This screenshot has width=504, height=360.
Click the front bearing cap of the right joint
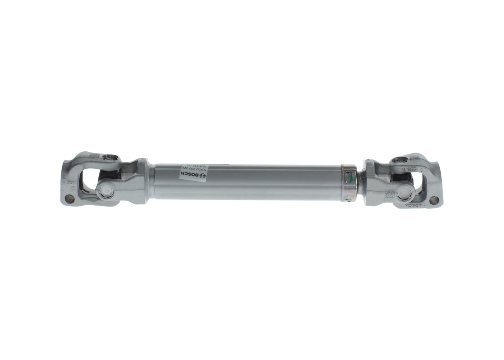(x=405, y=193)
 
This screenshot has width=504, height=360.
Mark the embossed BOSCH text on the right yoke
(x=418, y=206)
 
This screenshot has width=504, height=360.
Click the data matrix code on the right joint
(x=389, y=193)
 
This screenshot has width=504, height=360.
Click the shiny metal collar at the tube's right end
(x=348, y=183)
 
